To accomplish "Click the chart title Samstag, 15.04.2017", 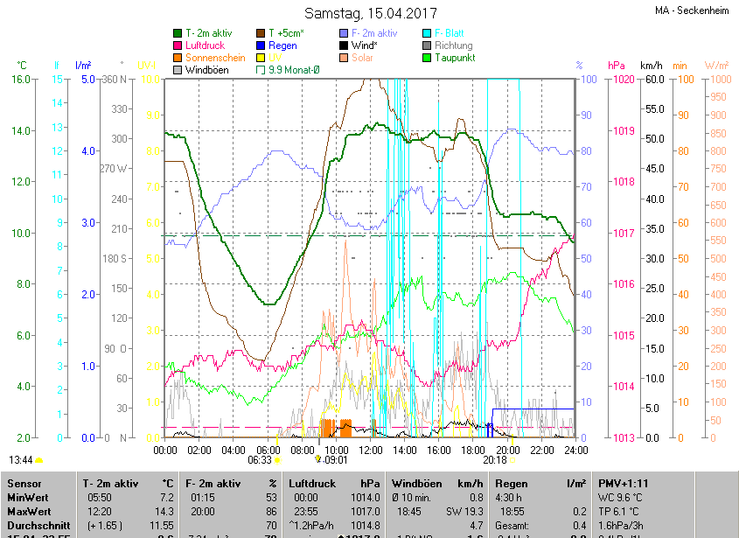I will click(x=369, y=13).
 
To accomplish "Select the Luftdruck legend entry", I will click(x=206, y=45).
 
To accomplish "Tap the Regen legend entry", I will click(x=282, y=45).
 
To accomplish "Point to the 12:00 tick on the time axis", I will click(x=371, y=451).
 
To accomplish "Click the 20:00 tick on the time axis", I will click(x=507, y=451).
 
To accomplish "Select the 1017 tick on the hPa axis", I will click(x=624, y=234).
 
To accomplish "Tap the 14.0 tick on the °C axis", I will click(x=23, y=131).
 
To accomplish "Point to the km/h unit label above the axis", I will click(x=652, y=66).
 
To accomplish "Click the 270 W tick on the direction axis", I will click(x=114, y=169).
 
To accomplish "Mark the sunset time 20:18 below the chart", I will click(x=495, y=459).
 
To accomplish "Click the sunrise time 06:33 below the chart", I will click(x=260, y=459).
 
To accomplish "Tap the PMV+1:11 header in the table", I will click(x=624, y=483).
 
